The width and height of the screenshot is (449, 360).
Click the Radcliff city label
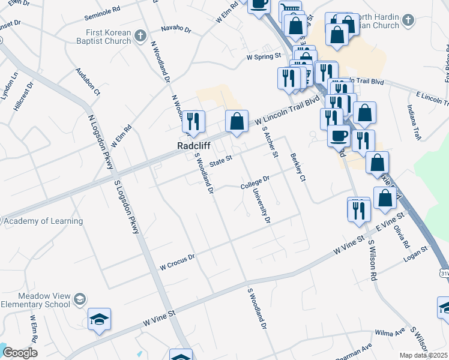pyautogui.click(x=193, y=145)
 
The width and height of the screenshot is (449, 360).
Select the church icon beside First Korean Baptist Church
pyautogui.click(x=140, y=36)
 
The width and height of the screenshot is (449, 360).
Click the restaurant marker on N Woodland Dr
pyautogui.click(x=193, y=121)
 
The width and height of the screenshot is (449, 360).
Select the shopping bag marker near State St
pyautogui.click(x=237, y=121)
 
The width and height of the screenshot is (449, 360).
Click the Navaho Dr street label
pyautogui.click(x=176, y=29)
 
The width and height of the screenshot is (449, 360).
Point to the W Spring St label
pyautogui.click(x=264, y=57)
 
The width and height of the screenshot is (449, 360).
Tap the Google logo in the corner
pyautogui.click(x=20, y=353)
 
